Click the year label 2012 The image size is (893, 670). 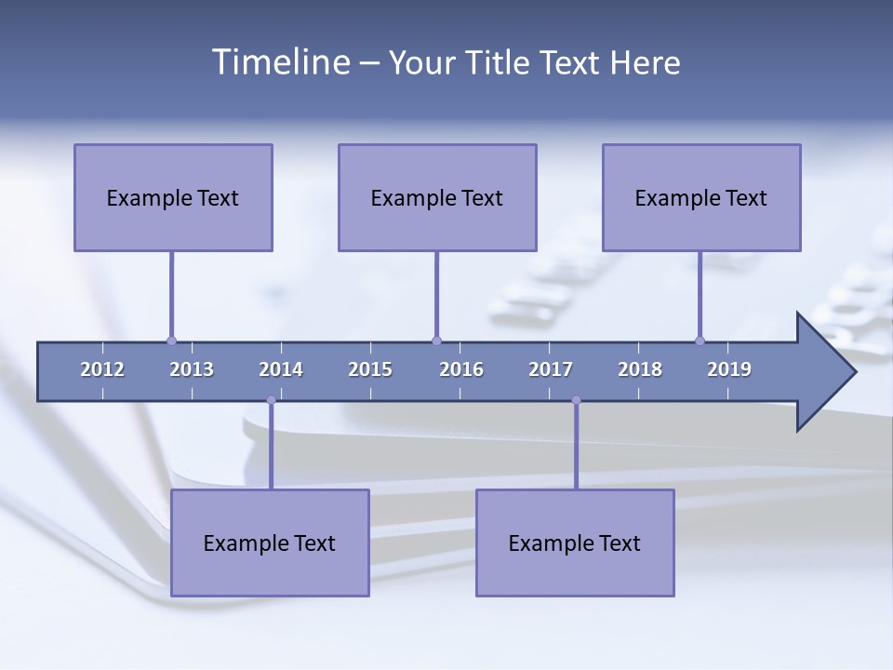pos(102,369)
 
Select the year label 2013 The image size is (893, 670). pos(192,369)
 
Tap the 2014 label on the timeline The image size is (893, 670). pos(281,369)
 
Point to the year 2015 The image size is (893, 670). pos(370,369)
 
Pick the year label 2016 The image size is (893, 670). pos(461,369)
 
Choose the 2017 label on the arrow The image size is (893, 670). pos(551,369)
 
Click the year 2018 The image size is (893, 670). pos(640,369)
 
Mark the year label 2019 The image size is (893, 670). pos(729,369)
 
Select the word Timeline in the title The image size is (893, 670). pos(280,62)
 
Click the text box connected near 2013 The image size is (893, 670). pos(173,198)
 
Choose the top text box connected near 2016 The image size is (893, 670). pos(437,198)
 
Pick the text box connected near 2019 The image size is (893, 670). pos(701,198)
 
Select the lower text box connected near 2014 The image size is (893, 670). pos(270,543)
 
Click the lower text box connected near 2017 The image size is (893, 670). pos(575,543)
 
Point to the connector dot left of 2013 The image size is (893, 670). pos(171,341)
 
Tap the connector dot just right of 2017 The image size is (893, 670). pos(576,400)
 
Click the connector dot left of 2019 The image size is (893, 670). pos(700,341)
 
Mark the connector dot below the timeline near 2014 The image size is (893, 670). pos(271,400)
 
